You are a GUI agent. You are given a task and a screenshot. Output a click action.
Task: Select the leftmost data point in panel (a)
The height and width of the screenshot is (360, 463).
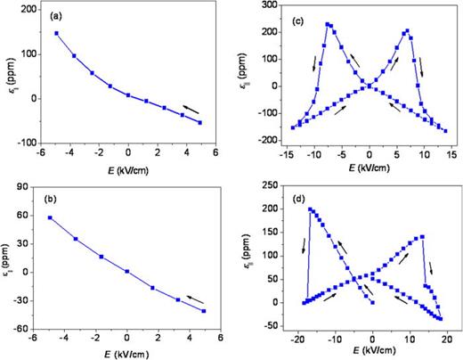(x=57, y=34)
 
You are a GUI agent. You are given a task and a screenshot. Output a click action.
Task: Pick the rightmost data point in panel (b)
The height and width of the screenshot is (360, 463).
(x=203, y=311)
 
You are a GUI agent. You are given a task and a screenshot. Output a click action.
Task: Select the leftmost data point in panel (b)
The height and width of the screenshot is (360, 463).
(x=51, y=217)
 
